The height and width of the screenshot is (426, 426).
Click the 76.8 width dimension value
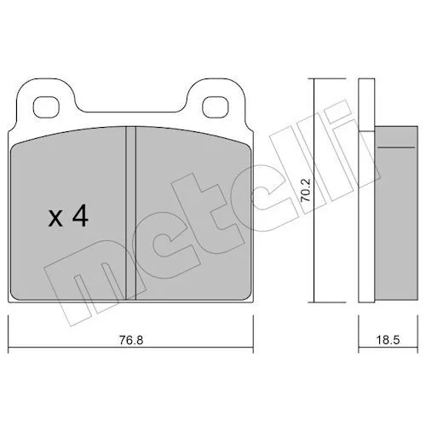(x=131, y=340)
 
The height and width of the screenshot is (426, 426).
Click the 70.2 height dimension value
(x=306, y=190)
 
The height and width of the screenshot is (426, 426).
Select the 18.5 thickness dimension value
(x=388, y=340)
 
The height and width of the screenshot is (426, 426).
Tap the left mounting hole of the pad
(x=46, y=107)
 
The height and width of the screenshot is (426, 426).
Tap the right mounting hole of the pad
(x=216, y=107)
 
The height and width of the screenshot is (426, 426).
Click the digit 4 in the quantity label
(x=80, y=216)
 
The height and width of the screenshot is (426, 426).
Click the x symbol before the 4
(x=55, y=219)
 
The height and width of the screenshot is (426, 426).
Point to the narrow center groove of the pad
(x=130, y=213)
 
